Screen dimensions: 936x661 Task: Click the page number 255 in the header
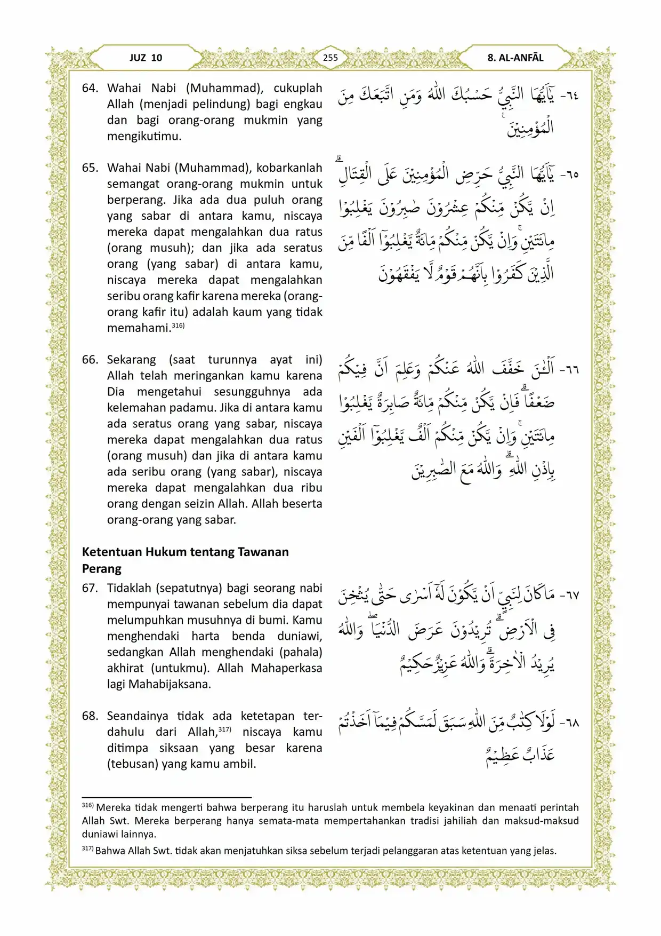point(330,58)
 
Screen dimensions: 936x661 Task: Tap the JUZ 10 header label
point(146,58)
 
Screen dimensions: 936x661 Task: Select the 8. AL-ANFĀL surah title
point(515,58)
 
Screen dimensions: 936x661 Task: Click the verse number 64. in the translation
point(90,88)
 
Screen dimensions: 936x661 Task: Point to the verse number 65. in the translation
point(90,168)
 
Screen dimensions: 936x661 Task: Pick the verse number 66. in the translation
point(90,360)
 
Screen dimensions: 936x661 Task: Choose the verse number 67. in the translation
point(90,588)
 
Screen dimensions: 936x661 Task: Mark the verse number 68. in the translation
point(90,716)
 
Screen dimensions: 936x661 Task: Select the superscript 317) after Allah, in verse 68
point(224,729)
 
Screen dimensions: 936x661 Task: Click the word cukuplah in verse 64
point(298,88)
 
